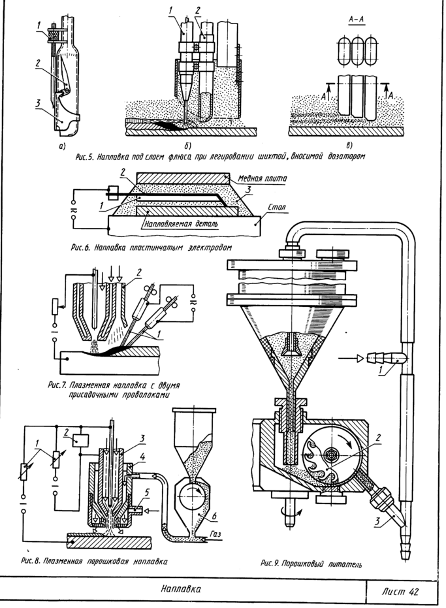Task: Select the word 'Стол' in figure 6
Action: click(277, 208)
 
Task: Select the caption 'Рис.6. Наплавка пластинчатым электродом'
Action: click(141, 248)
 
